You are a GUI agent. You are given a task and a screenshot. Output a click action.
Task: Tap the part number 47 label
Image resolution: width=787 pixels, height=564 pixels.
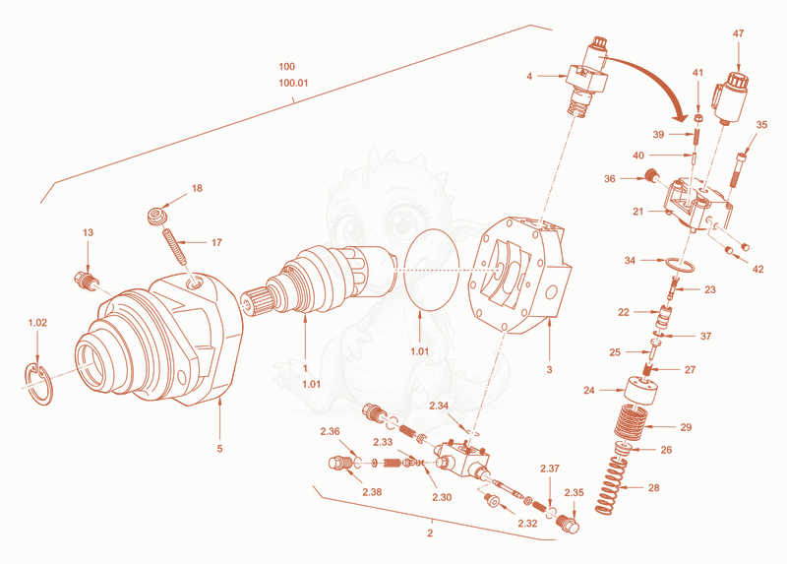pos(739,33)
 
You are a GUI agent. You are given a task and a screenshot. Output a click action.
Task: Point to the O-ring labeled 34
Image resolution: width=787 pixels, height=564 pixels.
pos(680,264)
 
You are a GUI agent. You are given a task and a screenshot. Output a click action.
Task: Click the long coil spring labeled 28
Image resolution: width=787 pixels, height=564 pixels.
pos(611,486)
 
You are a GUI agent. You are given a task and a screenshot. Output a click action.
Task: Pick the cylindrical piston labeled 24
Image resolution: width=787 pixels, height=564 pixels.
pos(639,392)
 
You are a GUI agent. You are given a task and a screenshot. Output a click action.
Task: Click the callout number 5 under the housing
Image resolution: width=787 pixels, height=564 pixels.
pos(219,449)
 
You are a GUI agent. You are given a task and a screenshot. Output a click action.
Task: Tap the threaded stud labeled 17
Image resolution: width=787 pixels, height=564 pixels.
pos(174,246)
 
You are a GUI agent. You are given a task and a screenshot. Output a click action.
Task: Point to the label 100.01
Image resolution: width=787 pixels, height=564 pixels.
pos(293,83)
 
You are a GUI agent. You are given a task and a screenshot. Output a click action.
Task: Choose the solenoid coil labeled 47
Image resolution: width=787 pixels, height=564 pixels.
pos(730,98)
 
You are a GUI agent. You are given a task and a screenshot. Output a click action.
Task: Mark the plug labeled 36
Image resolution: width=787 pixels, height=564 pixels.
pos(652,175)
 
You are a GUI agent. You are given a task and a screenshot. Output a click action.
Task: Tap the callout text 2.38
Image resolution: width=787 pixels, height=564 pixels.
pos(372,492)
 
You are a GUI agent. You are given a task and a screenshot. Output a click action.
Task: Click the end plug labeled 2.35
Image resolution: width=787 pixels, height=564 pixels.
pos(569,525)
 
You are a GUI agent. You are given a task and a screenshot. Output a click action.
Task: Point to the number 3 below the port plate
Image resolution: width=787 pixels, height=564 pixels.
pos(549,370)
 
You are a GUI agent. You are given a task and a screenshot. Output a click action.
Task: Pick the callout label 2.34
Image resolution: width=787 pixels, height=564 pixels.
pos(439,406)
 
